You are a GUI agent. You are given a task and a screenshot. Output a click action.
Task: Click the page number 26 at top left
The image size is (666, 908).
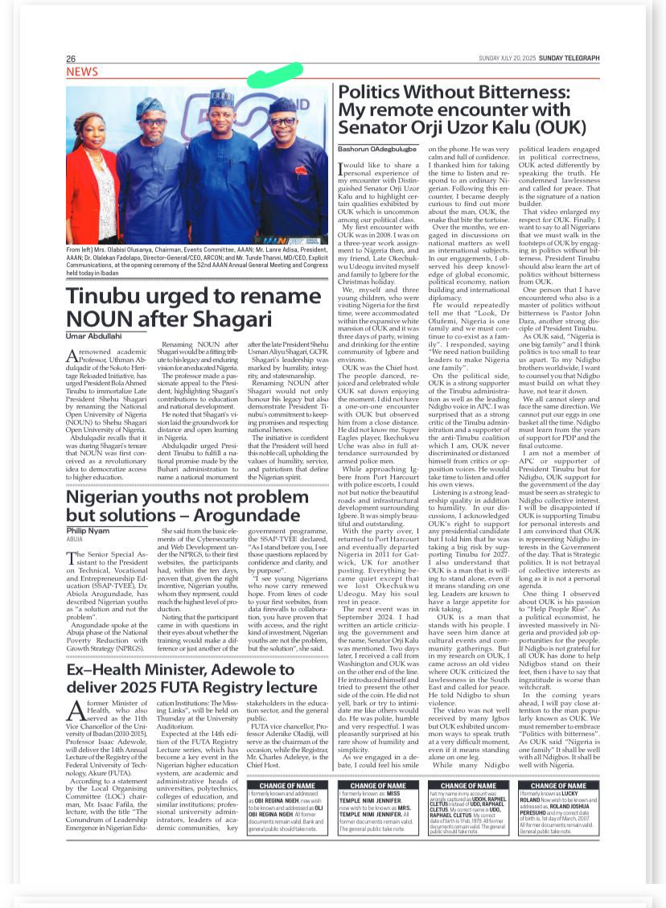coord(71,59)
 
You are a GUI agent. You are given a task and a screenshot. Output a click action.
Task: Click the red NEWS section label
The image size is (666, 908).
coord(82,72)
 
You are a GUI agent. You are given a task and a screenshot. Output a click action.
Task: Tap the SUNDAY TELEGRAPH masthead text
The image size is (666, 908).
coord(570,59)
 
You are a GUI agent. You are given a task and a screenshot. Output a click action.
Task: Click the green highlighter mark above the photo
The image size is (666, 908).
coord(275,75)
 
